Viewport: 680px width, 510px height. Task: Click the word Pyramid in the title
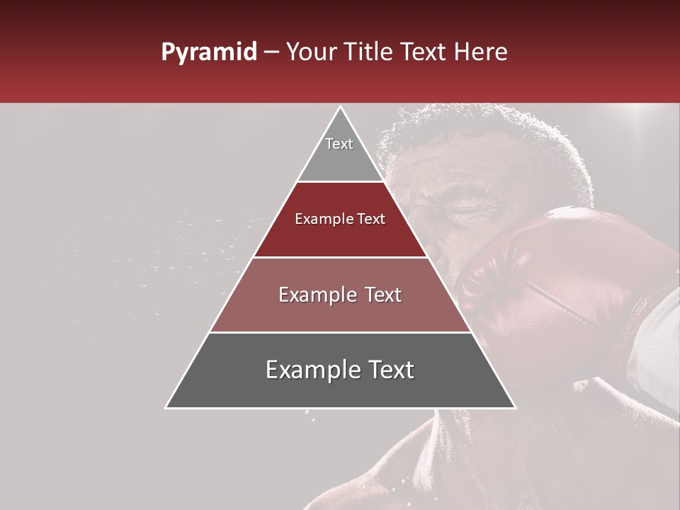[x=208, y=52]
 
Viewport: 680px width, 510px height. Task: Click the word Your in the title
[x=309, y=52]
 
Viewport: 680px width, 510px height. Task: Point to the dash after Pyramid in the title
[x=271, y=52]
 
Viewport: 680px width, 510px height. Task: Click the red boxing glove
[x=560, y=283]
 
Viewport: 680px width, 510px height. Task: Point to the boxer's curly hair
[x=482, y=135]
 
